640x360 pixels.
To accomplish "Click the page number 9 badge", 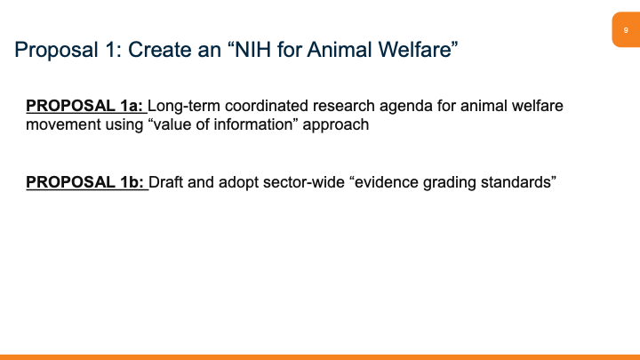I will pyautogui.click(x=625, y=30).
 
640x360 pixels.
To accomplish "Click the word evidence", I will pyautogui.click(x=380, y=183).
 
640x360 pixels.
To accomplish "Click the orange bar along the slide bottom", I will pyautogui.click(x=320, y=356).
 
